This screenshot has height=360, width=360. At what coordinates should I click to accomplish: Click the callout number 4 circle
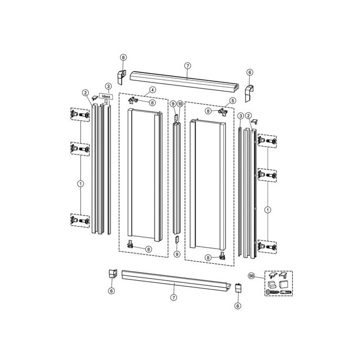point(152,90)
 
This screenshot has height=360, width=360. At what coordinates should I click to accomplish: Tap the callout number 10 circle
point(180,104)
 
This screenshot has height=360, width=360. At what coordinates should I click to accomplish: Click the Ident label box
point(107,97)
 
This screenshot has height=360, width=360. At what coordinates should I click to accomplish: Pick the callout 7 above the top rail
point(187,65)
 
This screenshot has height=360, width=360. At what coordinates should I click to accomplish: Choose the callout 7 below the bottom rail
point(174,297)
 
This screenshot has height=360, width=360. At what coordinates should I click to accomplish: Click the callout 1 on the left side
point(80,183)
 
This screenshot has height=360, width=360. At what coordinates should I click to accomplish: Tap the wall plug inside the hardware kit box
point(285,291)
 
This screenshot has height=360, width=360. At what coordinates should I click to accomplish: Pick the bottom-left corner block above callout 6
point(112,275)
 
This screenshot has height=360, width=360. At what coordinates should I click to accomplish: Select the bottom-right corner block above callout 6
point(239,289)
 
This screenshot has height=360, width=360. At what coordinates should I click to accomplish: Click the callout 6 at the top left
point(123,57)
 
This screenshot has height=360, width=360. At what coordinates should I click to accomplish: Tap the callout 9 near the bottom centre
point(177,254)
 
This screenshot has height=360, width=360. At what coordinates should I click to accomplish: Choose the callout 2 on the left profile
point(85,93)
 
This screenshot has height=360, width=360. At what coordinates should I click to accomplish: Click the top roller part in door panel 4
point(135,99)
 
